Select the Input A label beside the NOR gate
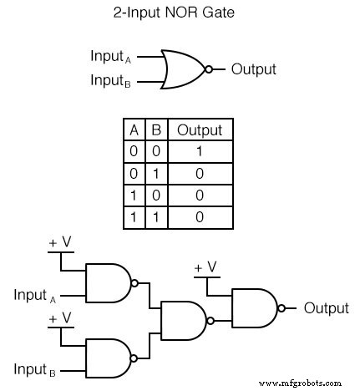(x=111, y=57)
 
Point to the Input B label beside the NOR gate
(x=111, y=82)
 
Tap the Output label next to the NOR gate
(x=253, y=69)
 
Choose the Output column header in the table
(x=199, y=130)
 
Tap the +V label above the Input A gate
(x=59, y=243)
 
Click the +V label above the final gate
(x=205, y=267)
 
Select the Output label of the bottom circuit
(x=326, y=308)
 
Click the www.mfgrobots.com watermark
(x=306, y=382)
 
